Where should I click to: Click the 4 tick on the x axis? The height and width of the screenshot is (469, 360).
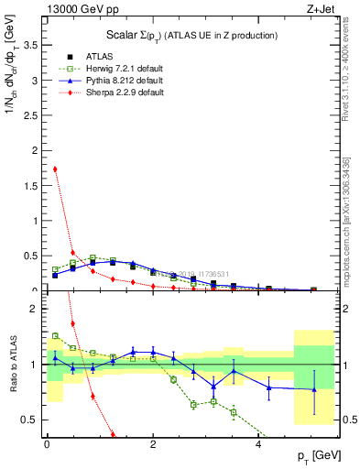tap(259, 444)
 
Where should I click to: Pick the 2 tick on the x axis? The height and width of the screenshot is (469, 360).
tap(153, 444)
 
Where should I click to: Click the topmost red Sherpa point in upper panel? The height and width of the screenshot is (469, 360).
tap(55, 169)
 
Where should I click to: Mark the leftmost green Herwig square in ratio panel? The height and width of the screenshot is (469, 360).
tap(55, 336)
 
